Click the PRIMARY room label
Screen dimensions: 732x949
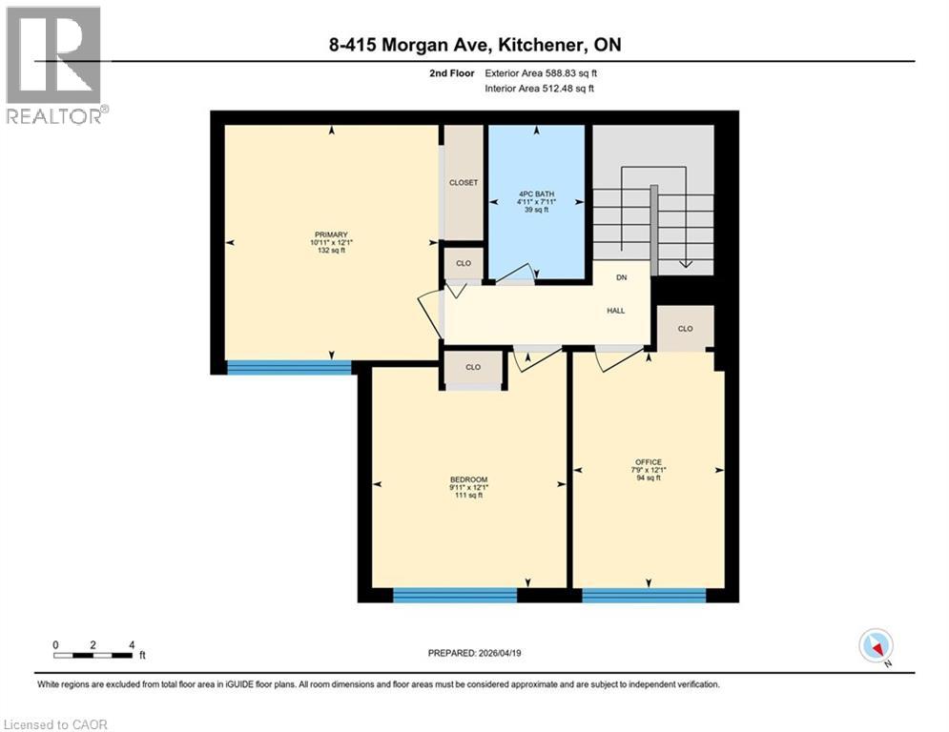click(332, 234)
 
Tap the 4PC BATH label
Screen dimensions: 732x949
click(536, 193)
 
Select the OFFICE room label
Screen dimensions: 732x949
click(649, 462)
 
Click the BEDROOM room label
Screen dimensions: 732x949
click(469, 479)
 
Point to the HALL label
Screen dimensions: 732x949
click(616, 311)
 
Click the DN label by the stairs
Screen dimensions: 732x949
click(621, 278)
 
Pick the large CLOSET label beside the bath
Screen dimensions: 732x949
click(464, 182)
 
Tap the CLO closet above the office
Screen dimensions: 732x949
click(685, 328)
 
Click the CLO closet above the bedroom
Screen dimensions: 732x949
click(473, 367)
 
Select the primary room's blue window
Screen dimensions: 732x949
click(289, 368)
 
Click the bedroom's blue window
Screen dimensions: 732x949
click(455, 596)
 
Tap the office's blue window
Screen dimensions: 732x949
click(644, 596)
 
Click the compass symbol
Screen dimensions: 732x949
click(876, 645)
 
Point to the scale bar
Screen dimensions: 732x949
click(93, 654)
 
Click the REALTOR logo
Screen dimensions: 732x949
click(54, 64)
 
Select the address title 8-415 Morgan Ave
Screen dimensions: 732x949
click(473, 45)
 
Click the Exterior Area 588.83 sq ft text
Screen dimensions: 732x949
click(541, 72)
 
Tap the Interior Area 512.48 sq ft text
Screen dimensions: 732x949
click(541, 89)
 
